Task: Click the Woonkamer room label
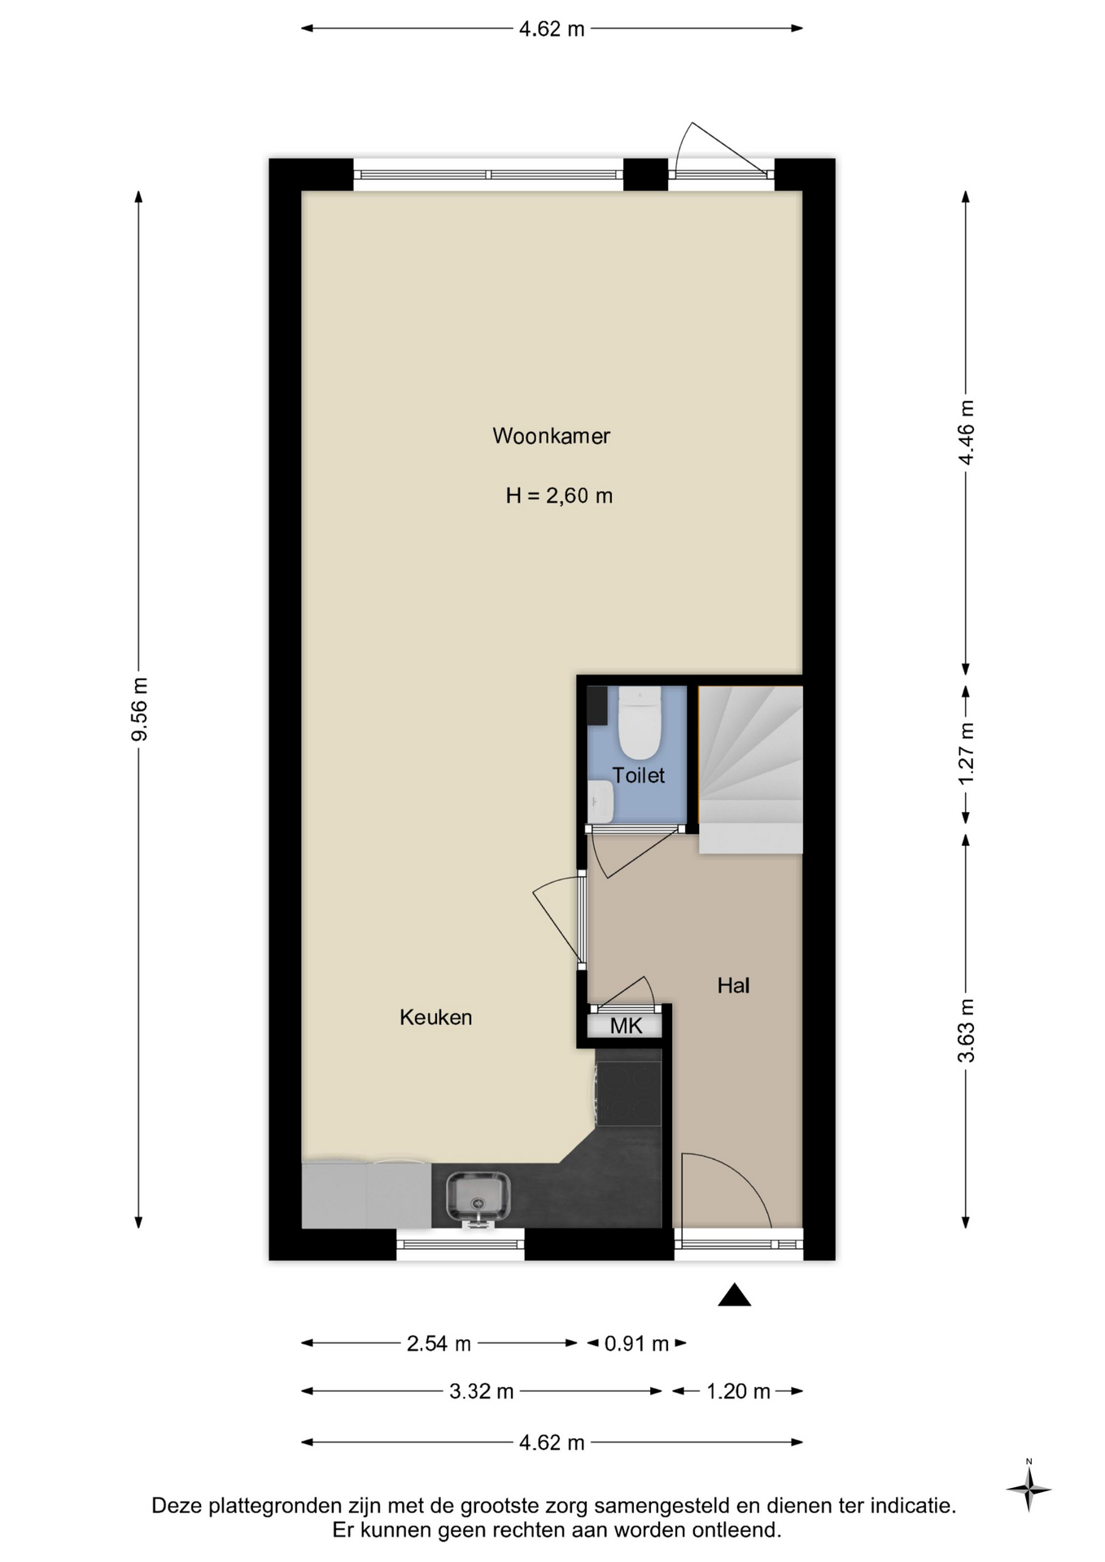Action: click(551, 436)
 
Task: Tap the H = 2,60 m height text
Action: click(559, 495)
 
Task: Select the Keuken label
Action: click(435, 1017)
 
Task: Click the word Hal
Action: click(733, 986)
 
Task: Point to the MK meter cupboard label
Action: click(626, 1026)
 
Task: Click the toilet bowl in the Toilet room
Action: click(639, 722)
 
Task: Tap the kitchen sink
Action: click(478, 1198)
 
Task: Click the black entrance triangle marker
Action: click(734, 1294)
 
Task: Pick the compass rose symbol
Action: click(1029, 1490)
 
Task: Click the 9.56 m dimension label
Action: click(140, 709)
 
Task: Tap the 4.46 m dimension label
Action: click(966, 432)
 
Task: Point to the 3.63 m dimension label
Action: click(966, 1031)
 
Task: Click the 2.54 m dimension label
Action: click(439, 1343)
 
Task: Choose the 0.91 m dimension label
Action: click(636, 1343)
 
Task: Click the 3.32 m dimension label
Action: click(482, 1391)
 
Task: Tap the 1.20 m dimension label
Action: click(738, 1391)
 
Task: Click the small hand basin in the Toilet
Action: click(601, 802)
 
